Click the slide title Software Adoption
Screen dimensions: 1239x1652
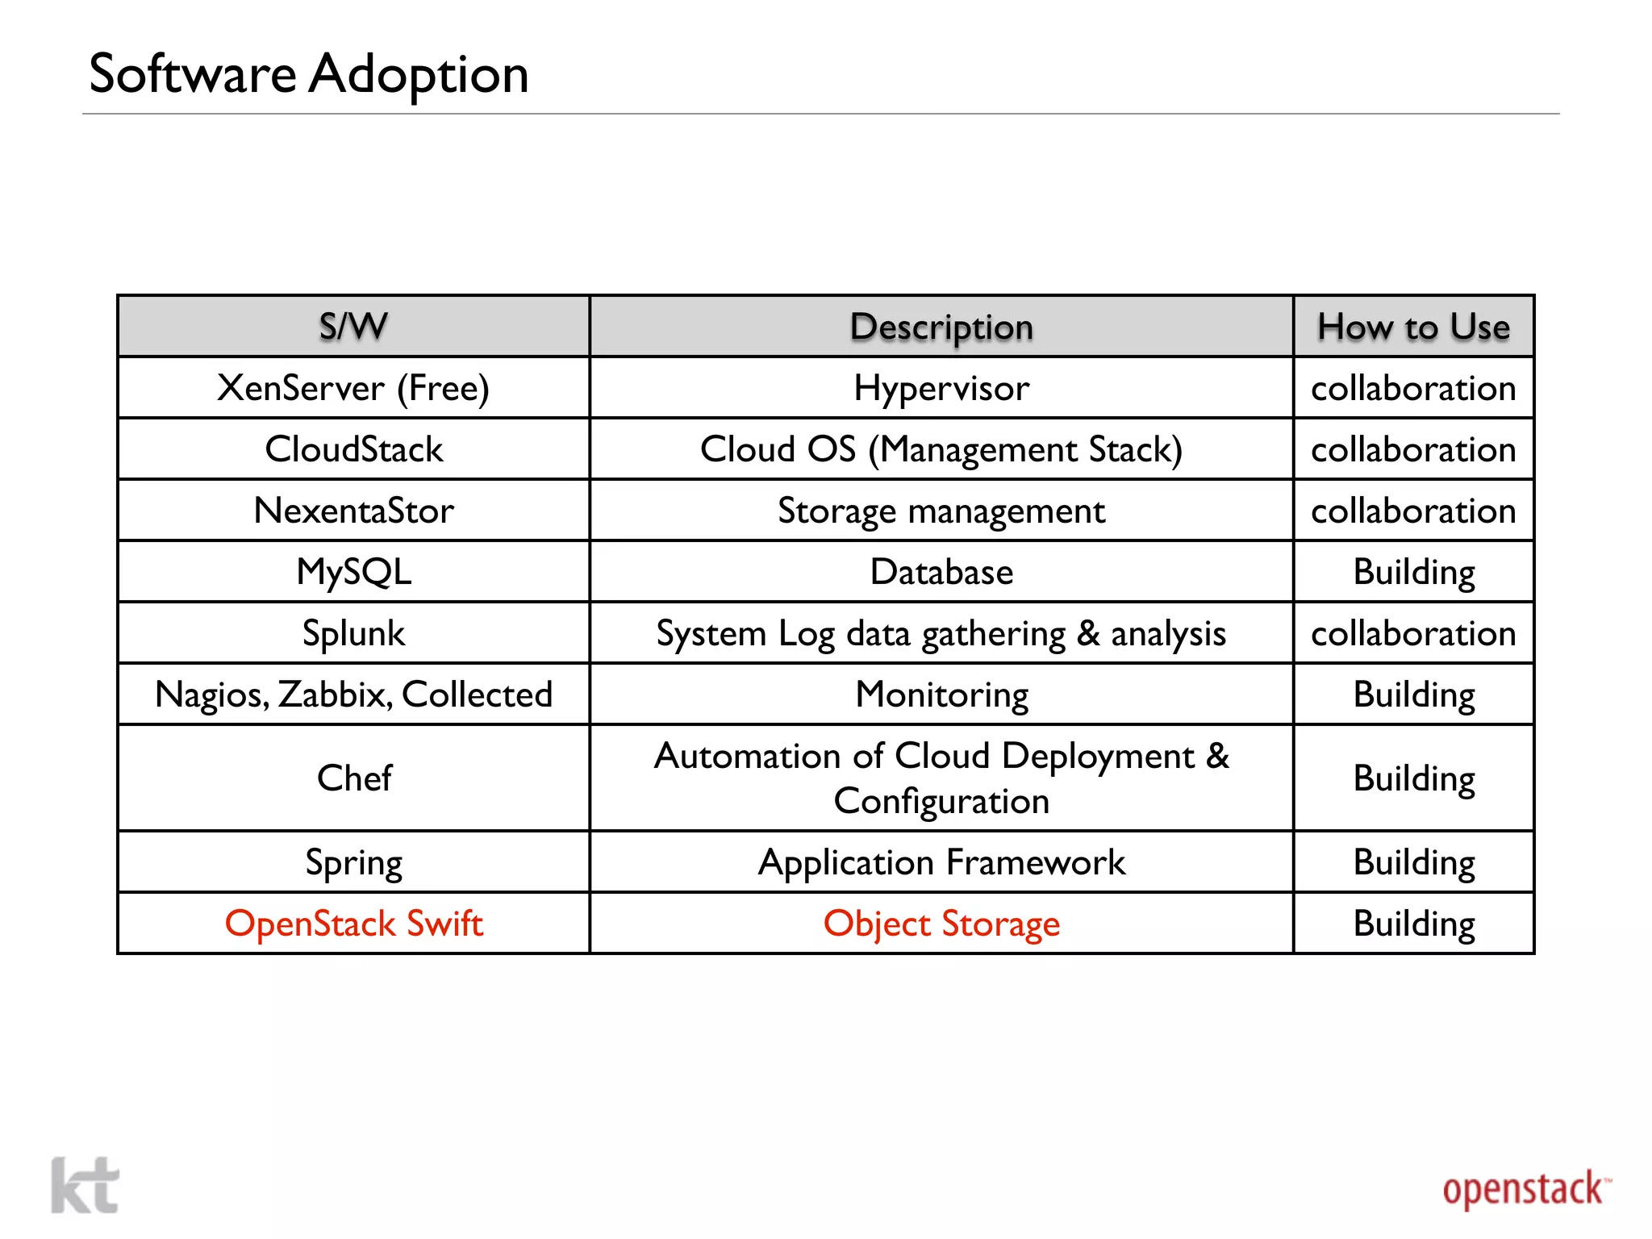coord(308,74)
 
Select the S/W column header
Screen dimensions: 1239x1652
coord(353,327)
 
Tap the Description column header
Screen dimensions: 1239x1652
coord(941,327)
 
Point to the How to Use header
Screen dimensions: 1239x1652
coord(1413,327)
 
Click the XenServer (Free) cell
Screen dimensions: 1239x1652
coord(353,388)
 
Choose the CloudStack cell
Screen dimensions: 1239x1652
coord(353,449)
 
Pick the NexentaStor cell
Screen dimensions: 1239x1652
coord(353,511)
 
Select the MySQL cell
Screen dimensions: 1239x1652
coord(353,572)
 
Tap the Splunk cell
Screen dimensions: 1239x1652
coord(353,633)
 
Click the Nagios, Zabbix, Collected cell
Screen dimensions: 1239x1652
coord(353,695)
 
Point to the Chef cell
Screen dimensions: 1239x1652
coord(353,778)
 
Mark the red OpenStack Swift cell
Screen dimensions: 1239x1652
coord(353,924)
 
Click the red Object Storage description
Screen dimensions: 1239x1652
coord(941,924)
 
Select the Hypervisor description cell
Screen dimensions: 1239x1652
coord(941,388)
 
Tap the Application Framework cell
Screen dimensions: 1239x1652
coord(941,862)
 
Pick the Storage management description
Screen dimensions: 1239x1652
coord(941,511)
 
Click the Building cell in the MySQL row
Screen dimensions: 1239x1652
coord(1413,572)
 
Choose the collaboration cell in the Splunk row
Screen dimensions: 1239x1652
coord(1413,633)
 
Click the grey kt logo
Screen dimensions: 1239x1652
coord(85,1185)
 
